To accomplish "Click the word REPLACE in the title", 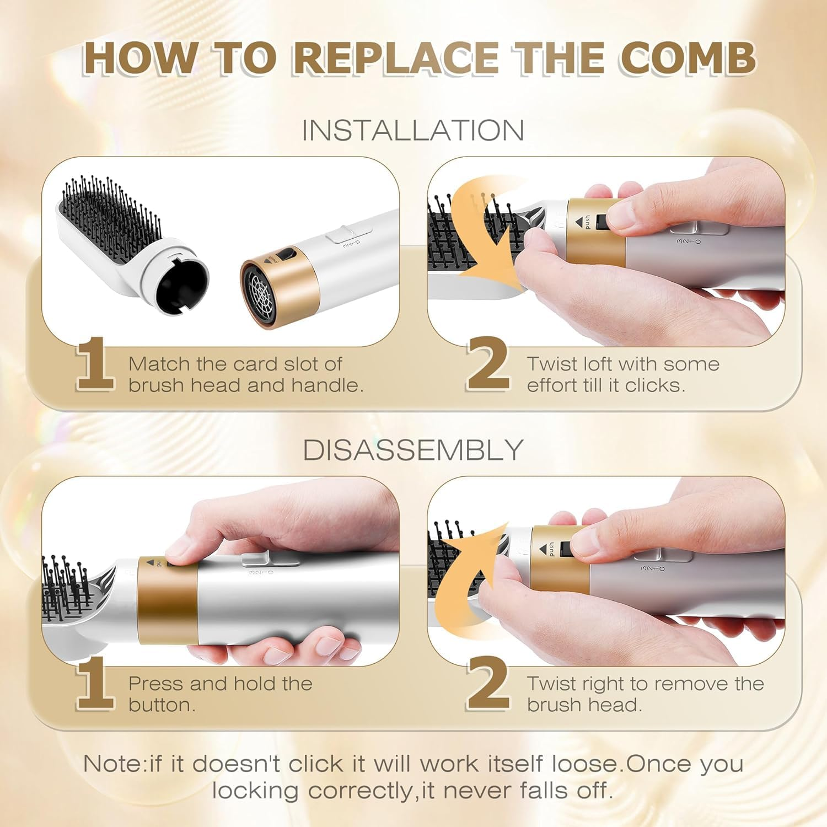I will coord(396,58).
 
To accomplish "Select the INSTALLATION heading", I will coord(413,131).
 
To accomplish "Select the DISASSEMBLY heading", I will coord(413,450).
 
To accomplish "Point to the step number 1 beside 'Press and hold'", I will coord(95,684).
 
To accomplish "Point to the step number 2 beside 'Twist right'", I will coord(488,684).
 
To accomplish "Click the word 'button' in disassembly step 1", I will coord(161,705).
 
